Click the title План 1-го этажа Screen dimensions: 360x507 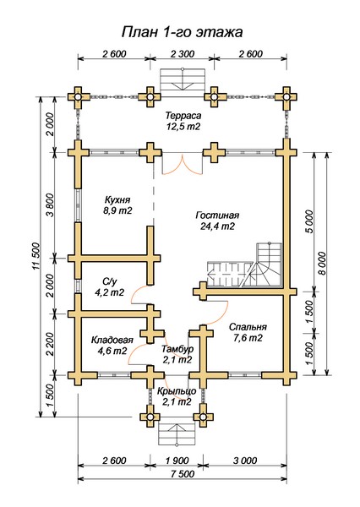pos(182,33)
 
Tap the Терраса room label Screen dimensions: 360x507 pos(183,116)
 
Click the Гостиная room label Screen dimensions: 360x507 pos(217,215)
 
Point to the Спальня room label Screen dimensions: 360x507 pos(248,327)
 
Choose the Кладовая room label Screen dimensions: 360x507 pos(112,341)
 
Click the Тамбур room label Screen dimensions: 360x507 pos(177,349)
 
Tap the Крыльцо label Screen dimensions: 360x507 pos(177,391)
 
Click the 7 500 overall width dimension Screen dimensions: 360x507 pos(183,474)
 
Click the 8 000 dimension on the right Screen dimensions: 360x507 pos(322,264)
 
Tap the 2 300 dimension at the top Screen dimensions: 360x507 pos(182,54)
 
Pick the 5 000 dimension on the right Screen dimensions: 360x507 pos(309,221)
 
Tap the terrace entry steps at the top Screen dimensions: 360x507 pos(183,79)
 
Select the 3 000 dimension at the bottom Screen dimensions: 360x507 pos(244,461)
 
